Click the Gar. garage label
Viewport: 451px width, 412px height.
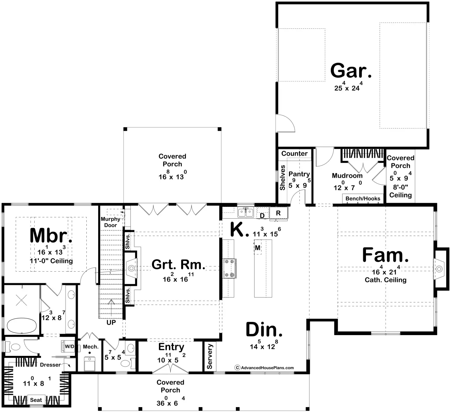pos(351,71)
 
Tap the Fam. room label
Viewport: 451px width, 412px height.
pos(385,255)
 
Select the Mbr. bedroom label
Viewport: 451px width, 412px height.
pos(51,235)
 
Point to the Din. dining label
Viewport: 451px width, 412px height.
pos(264,330)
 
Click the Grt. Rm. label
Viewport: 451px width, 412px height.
pos(179,264)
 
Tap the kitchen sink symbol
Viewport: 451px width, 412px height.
pos(246,212)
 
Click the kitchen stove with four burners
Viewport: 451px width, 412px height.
pos(229,268)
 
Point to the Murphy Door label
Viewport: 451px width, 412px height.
pos(110,222)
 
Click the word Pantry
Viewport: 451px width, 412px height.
pos(299,174)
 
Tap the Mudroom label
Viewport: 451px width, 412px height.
pos(347,175)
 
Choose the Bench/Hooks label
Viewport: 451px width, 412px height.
pos(363,198)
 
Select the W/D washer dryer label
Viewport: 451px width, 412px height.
pos(69,347)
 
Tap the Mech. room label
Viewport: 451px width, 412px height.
pos(91,347)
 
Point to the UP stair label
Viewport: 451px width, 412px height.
pos(111,322)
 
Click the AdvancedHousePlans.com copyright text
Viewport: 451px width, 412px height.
pos(264,368)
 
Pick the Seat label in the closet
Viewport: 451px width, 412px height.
pos(36,400)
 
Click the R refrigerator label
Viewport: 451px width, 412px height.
pos(278,213)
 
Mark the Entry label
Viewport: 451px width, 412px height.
pos(171,347)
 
